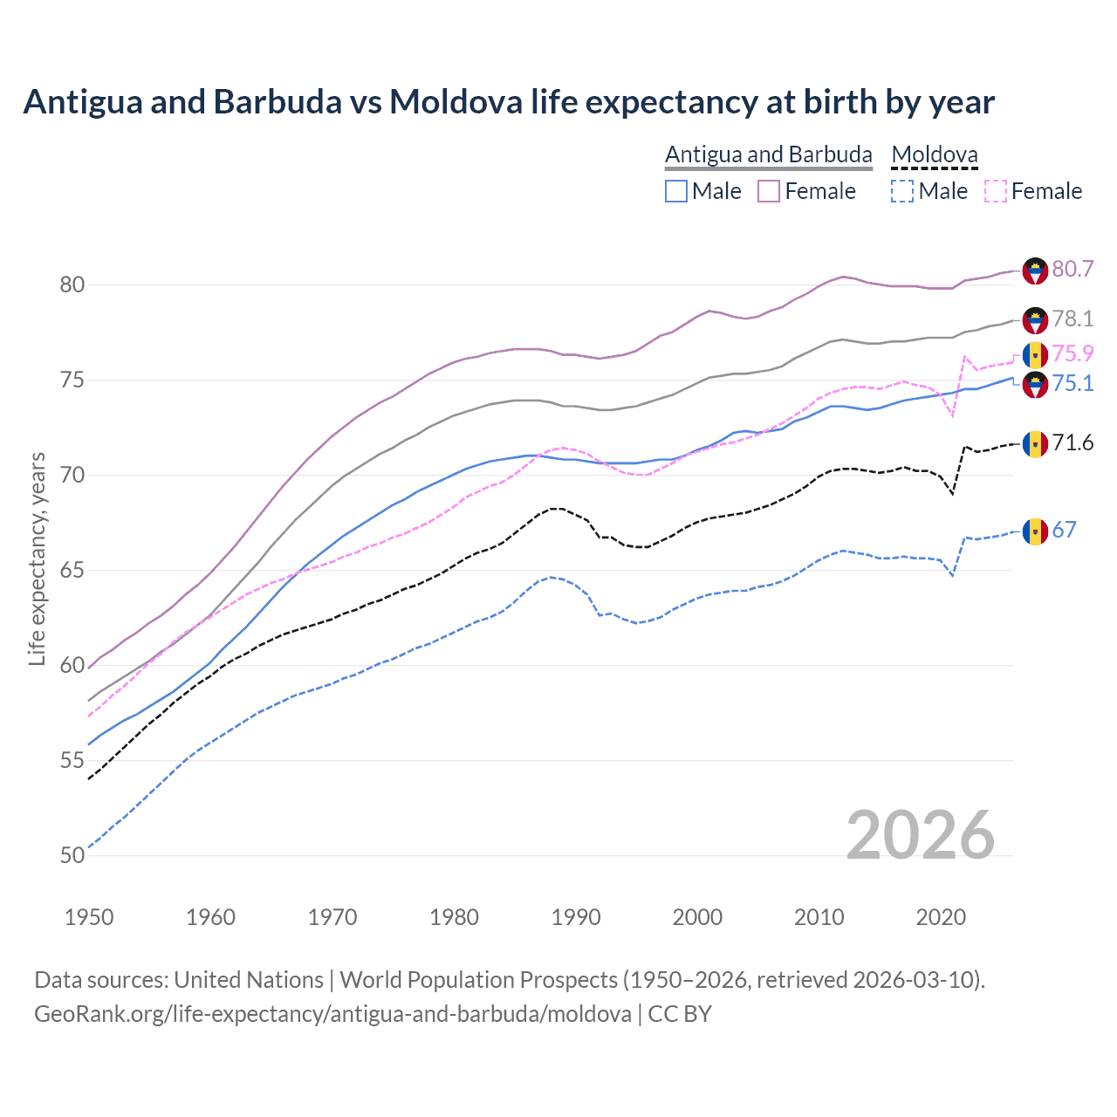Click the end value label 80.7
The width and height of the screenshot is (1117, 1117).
pos(1072,269)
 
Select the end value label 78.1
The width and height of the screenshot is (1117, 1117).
pos(1072,319)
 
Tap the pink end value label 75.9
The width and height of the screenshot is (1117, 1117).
pos(1072,353)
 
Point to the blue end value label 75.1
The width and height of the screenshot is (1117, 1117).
pos(1072,384)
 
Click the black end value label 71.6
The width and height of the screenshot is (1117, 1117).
pos(1072,443)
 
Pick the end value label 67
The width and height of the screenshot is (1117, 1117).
pos(1064,530)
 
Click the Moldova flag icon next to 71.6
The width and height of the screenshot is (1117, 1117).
pos(1035,444)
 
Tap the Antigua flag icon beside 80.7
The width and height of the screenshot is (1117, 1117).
pos(1035,271)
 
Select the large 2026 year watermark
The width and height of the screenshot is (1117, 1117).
pos(920,836)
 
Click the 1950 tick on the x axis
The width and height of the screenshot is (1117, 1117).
pos(89,917)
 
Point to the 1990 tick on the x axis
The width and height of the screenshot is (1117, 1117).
pos(576,917)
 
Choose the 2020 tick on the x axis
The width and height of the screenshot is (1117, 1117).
pos(941,917)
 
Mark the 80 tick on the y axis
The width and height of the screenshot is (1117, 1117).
pos(72,285)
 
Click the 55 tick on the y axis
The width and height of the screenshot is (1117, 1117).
pos(72,761)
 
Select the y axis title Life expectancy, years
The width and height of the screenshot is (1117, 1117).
pos(38,558)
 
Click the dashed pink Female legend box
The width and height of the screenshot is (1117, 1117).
pos(996,191)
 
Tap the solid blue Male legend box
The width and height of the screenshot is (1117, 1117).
pos(676,191)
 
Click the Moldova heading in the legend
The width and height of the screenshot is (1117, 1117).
pos(935,154)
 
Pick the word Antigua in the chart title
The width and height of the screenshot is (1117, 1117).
pos(81,102)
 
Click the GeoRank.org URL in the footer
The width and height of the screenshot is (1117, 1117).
pos(332,1014)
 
